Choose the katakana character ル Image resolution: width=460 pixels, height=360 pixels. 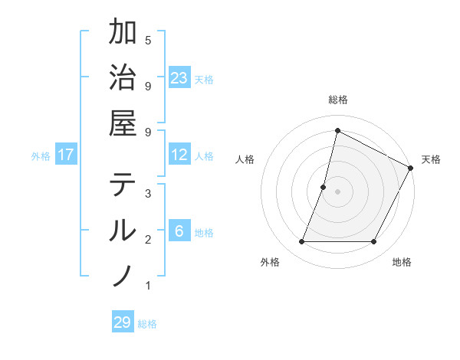pos(123,231)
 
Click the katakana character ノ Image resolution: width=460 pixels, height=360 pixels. pos(123,276)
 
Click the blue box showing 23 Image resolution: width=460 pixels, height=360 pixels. pos(179,77)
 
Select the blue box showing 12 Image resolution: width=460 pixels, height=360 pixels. pos(179,155)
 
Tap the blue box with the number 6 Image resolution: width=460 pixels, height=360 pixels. pos(179,232)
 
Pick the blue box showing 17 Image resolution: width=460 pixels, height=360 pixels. pos(66,155)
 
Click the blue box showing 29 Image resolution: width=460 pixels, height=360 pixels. pos(123,322)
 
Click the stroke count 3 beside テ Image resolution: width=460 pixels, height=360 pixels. pos(148,193)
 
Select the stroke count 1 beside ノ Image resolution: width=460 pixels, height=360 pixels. pos(148,286)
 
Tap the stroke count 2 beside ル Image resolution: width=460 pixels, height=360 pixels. pos(148,239)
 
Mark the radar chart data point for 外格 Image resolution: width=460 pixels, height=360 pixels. pos(301,242)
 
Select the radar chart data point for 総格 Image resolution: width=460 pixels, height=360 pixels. pos(337,130)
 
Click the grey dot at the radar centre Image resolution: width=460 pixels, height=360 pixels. pos(337,191)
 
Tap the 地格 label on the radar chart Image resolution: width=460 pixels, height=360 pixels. pos(402,263)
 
